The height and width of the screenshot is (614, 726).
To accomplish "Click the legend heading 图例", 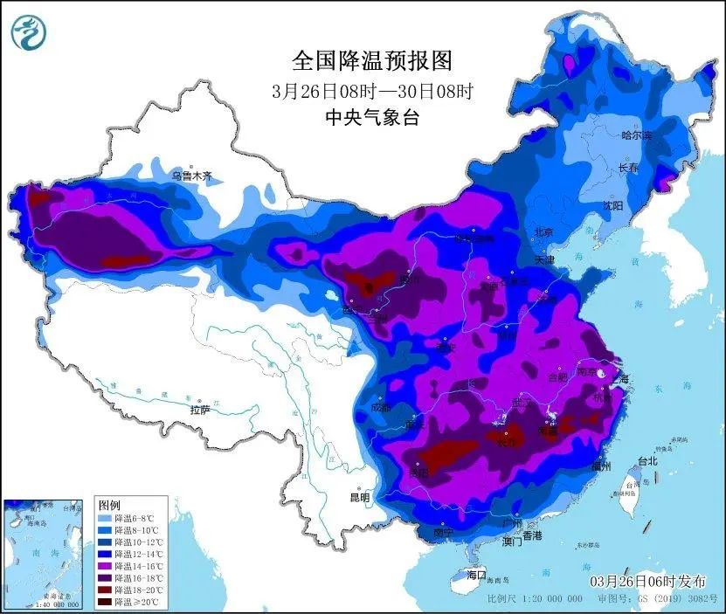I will (x=109, y=506).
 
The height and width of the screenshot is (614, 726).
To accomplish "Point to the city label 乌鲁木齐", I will (x=190, y=176).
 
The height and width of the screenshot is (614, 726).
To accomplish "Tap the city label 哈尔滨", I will (x=636, y=135).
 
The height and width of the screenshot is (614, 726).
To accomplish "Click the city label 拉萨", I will (x=200, y=410).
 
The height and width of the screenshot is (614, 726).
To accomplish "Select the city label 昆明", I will (x=359, y=498).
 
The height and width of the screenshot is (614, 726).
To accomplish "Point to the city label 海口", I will (x=475, y=576).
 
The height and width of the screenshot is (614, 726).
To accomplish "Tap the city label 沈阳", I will (x=612, y=206).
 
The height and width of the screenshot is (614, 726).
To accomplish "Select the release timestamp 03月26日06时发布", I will (x=645, y=582).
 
